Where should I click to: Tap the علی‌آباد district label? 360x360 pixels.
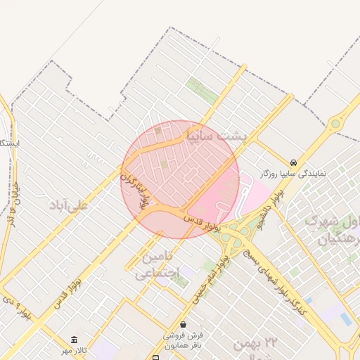pyautogui.click(x=68, y=205)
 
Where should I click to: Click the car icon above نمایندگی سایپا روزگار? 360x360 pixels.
pyautogui.click(x=293, y=162)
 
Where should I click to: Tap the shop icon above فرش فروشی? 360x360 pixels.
pyautogui.click(x=184, y=325)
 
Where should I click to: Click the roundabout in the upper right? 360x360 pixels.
pyautogui.click(x=336, y=124)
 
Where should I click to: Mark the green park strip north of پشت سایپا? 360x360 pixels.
pyautogui.click(x=202, y=91)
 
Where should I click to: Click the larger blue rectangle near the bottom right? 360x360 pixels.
pyautogui.click(x=346, y=319)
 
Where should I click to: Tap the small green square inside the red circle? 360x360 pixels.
pyautogui.click(x=164, y=165)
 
